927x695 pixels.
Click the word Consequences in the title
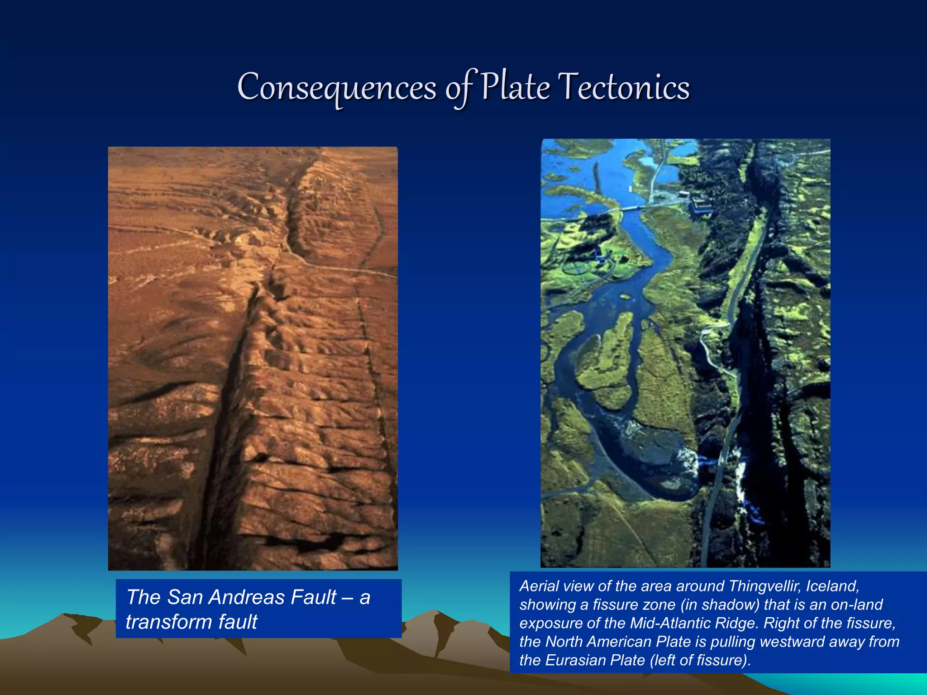click(337, 88)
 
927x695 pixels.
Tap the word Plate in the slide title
click(515, 87)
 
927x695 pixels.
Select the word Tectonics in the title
click(624, 87)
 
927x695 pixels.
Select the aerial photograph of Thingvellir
click(685, 353)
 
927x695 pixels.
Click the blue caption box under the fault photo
click(258, 609)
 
